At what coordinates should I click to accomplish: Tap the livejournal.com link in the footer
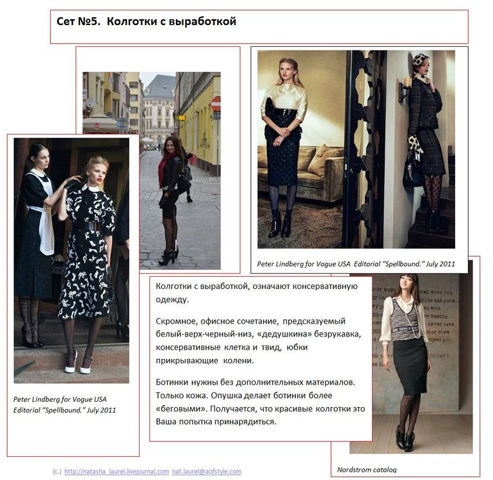click(117, 471)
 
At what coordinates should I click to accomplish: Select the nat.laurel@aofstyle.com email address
click(207, 471)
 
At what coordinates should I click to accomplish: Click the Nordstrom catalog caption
click(367, 470)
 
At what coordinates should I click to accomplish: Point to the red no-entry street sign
click(216, 104)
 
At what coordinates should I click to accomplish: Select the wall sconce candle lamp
click(405, 89)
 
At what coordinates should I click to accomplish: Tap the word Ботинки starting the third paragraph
click(172, 383)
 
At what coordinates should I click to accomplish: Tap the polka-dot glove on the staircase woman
click(415, 144)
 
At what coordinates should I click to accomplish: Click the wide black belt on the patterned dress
click(86, 226)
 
